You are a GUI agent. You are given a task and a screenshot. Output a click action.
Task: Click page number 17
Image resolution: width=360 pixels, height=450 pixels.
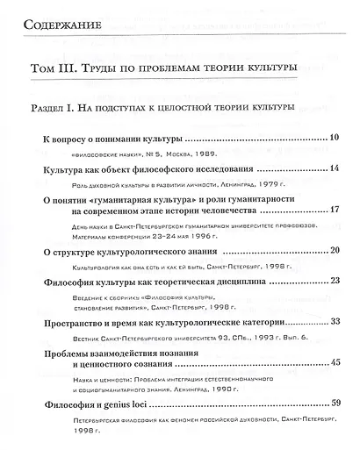(335, 211)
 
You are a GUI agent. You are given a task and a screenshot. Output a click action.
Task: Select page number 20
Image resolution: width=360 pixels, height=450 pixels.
(335, 252)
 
